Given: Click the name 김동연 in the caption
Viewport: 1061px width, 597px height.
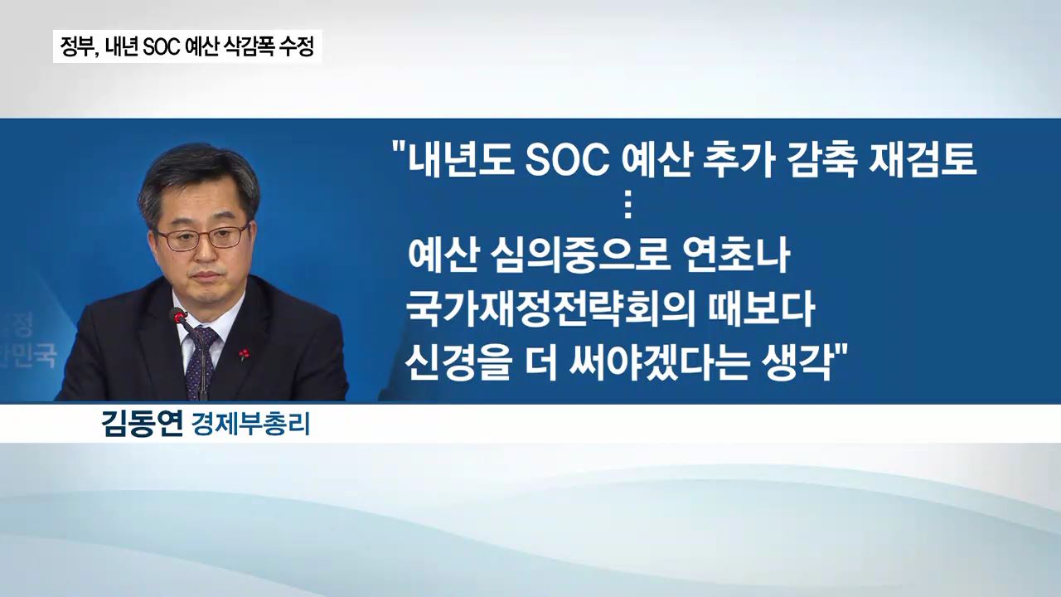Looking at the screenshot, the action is click(x=142, y=423).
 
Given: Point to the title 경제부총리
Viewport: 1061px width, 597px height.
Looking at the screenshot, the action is click(x=250, y=424).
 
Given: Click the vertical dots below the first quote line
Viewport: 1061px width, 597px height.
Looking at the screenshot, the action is click(x=628, y=208).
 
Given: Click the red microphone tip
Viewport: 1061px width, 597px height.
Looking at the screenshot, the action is click(x=178, y=316).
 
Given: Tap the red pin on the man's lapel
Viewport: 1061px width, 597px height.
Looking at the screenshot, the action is click(x=244, y=353).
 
